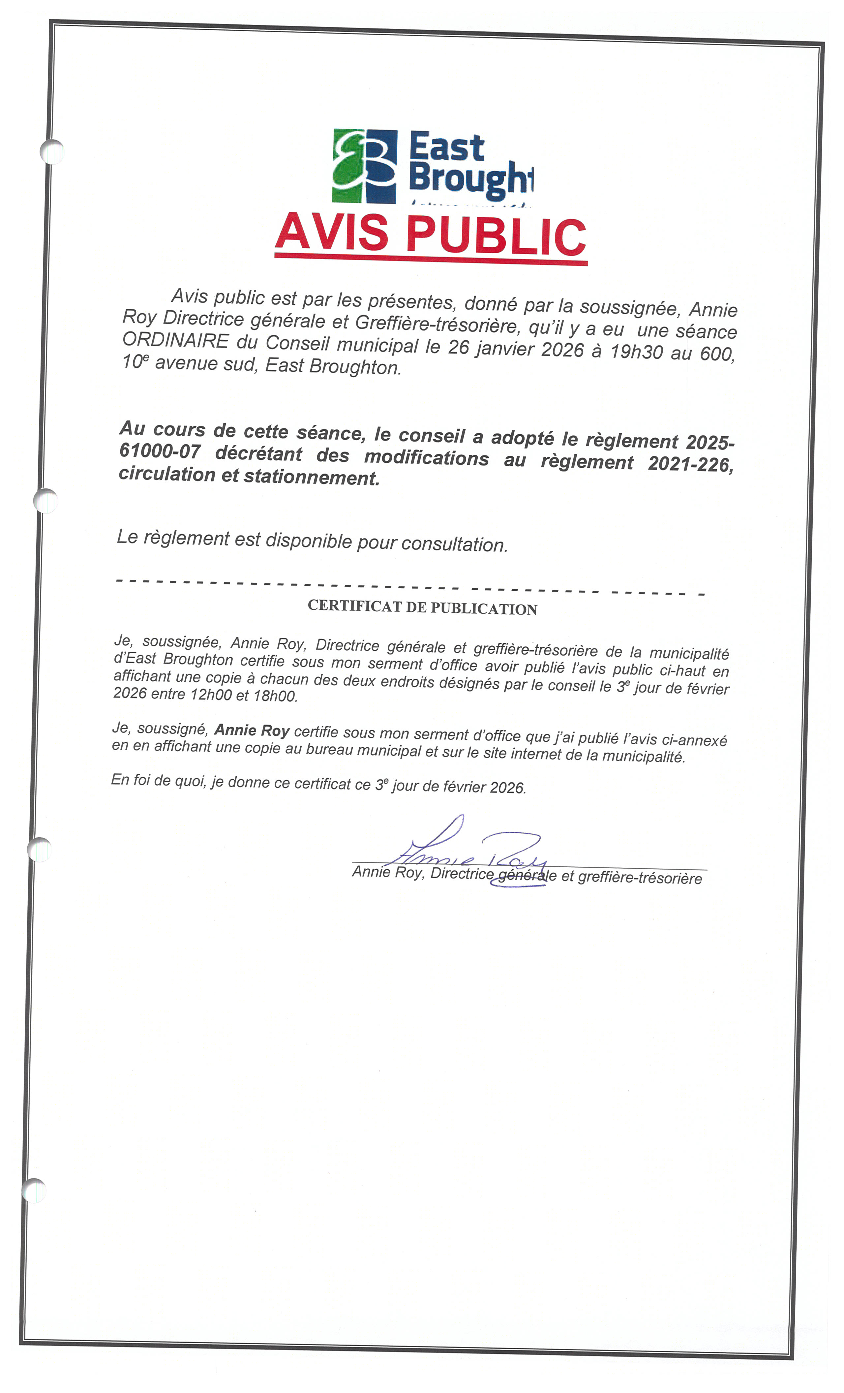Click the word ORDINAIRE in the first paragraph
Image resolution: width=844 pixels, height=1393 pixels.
point(175,341)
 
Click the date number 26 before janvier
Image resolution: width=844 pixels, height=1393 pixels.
point(459,347)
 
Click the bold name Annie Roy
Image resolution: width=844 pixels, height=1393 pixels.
point(252,730)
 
